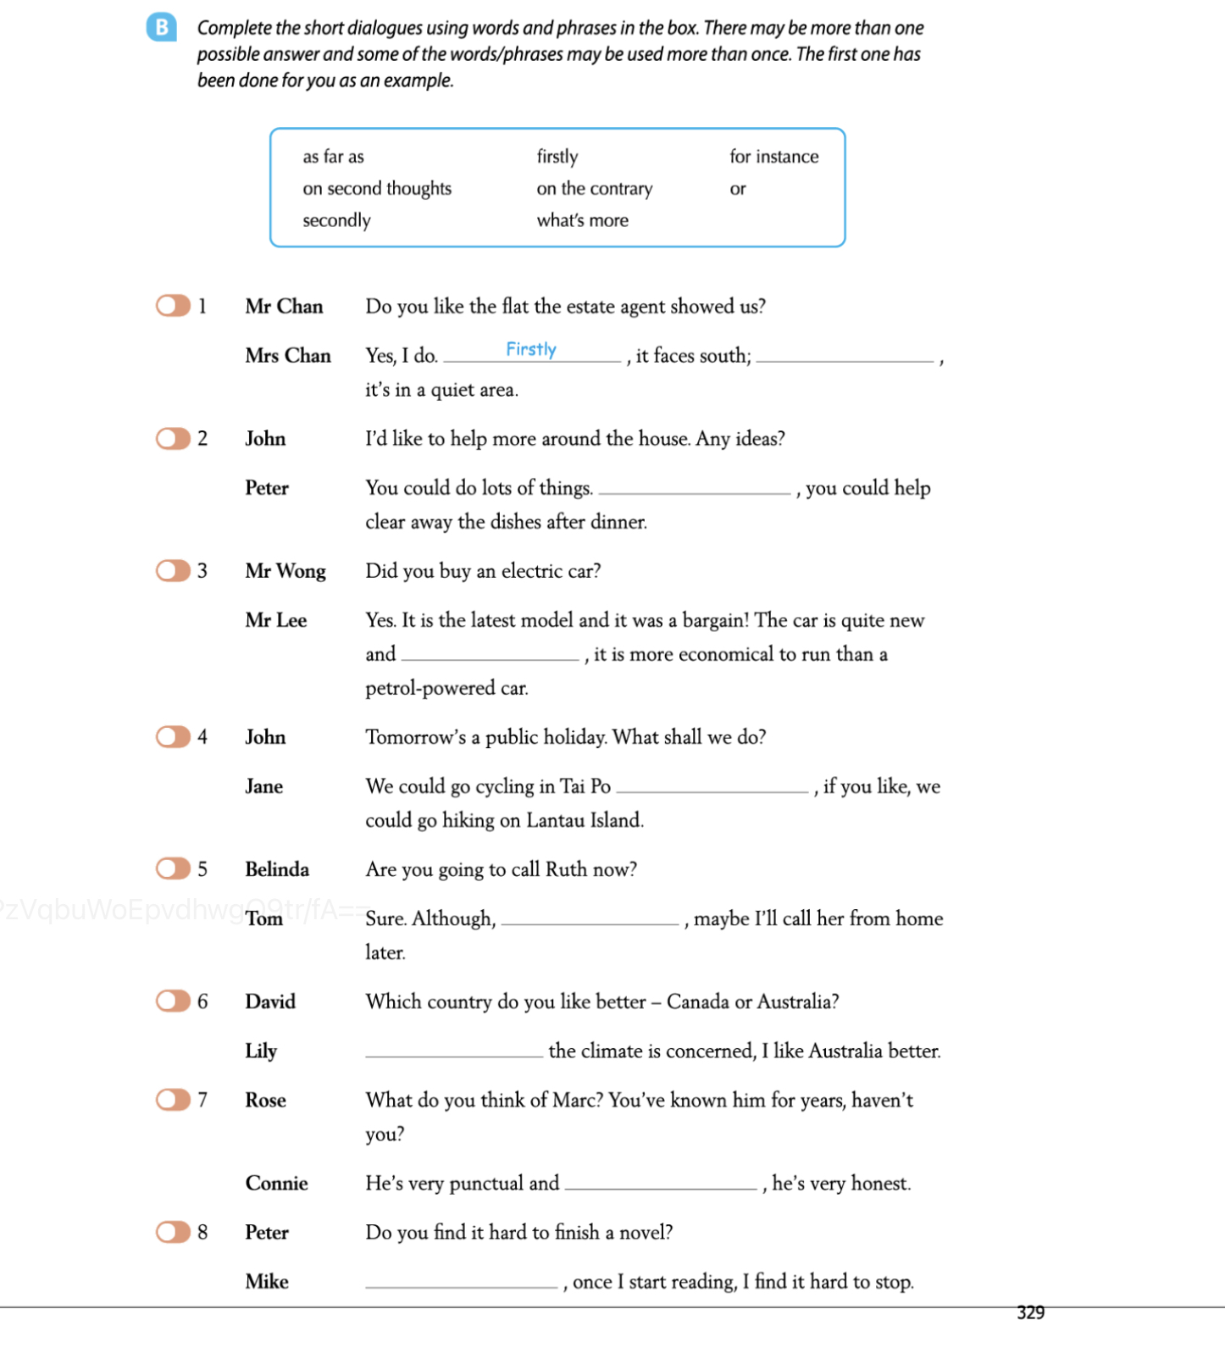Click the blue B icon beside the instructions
coord(161,27)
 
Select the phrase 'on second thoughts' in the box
coord(377,188)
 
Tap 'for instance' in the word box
coord(773,157)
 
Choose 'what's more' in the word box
coord(582,220)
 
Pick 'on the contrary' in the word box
coord(594,188)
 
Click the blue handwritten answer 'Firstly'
coord(531,349)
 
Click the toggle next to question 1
coord(173,306)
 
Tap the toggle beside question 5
coord(173,868)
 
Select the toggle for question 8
coord(173,1232)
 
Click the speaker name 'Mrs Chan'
coord(288,356)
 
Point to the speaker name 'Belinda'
coord(277,869)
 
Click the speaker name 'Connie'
coord(276,1184)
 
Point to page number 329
coord(1030,1312)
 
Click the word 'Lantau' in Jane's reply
coord(553,820)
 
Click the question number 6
coord(202,1001)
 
